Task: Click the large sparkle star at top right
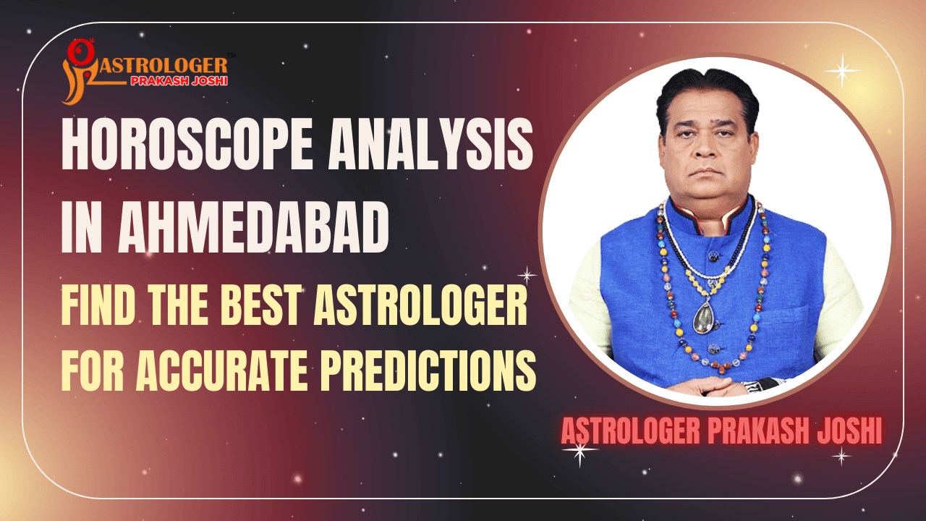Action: pyautogui.click(x=842, y=70)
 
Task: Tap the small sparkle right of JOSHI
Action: pyautogui.click(x=841, y=456)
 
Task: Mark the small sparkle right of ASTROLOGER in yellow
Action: pyautogui.click(x=527, y=275)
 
